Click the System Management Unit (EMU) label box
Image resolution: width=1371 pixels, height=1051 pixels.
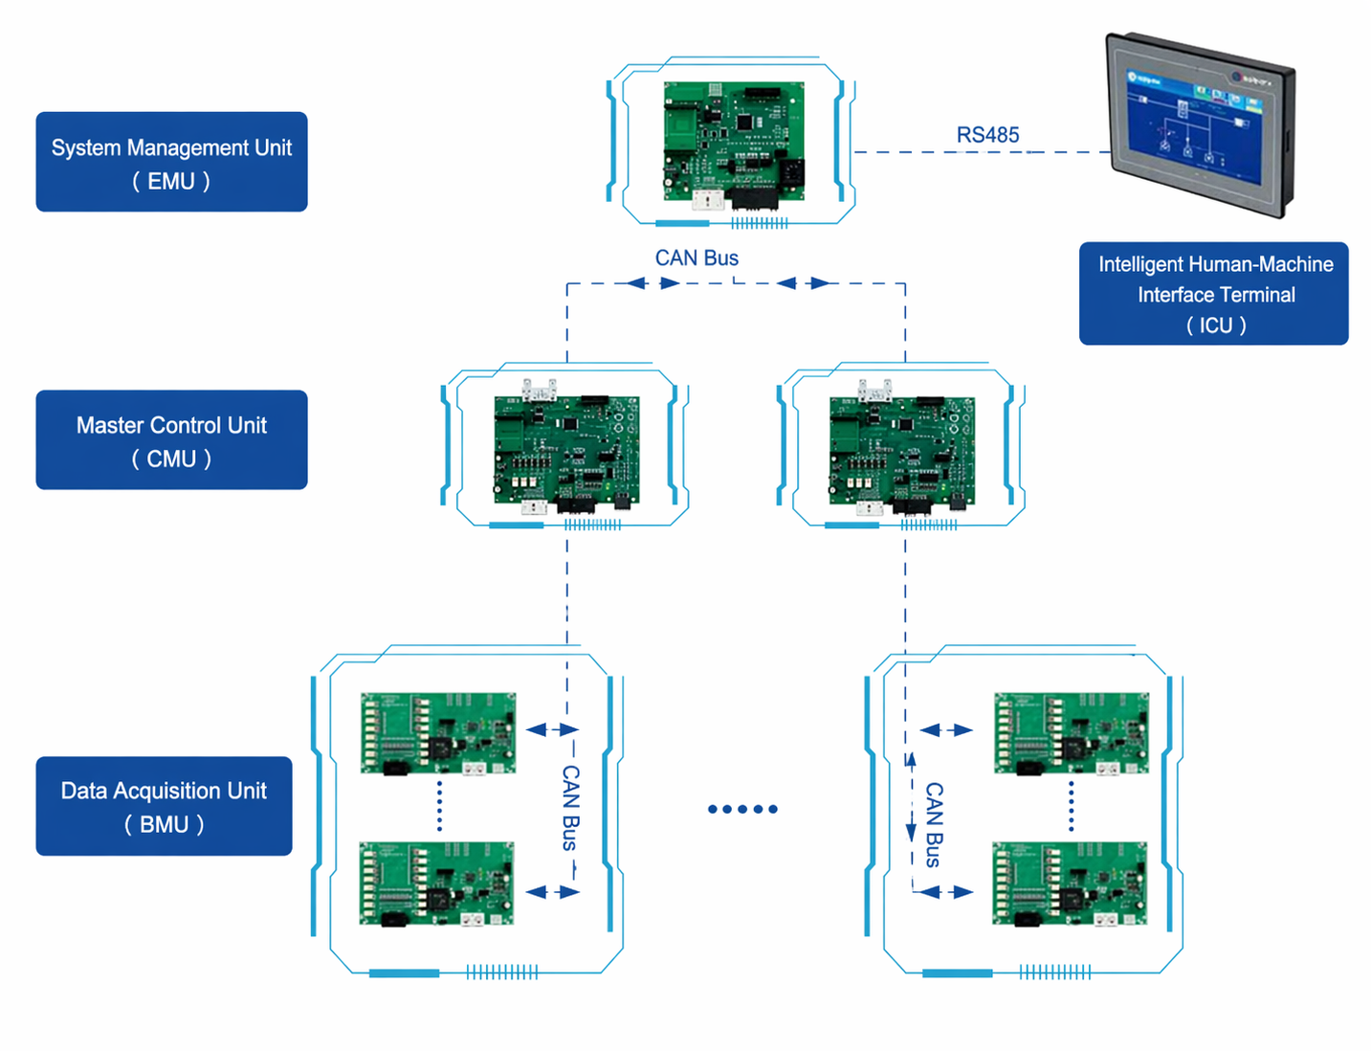click(171, 162)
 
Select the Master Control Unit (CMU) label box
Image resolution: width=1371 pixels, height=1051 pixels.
click(171, 439)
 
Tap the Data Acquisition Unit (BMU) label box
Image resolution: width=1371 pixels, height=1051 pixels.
click(164, 806)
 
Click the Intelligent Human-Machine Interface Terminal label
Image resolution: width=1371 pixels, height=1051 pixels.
click(1213, 293)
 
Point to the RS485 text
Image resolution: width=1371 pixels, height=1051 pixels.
click(987, 135)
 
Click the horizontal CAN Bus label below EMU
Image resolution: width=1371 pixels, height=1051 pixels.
click(697, 257)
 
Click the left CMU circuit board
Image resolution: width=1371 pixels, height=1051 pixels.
click(565, 450)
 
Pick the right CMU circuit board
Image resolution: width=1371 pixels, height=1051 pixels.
click(901, 450)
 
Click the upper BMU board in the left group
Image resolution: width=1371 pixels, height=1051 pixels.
click(438, 733)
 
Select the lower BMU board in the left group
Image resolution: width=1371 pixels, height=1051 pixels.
click(436, 883)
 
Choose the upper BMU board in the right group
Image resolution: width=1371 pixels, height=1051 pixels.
click(1072, 733)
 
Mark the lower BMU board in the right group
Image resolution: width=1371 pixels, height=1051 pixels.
click(1070, 883)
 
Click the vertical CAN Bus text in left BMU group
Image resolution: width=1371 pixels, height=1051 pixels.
click(570, 808)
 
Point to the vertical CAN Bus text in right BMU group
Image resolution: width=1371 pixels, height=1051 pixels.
click(934, 824)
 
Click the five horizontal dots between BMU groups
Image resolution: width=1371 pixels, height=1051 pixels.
click(742, 809)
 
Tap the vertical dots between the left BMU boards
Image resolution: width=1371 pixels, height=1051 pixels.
click(439, 806)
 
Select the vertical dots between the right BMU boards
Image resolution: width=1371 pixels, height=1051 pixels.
click(1072, 806)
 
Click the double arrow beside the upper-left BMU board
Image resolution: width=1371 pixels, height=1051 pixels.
click(553, 730)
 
